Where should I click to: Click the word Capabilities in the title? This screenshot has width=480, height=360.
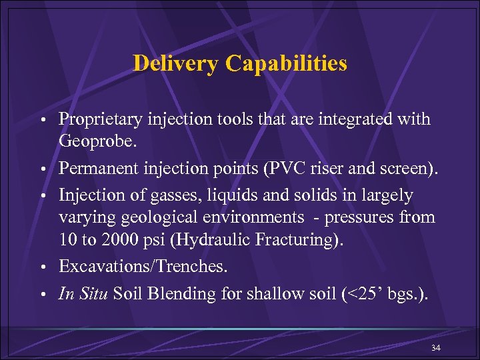(x=286, y=63)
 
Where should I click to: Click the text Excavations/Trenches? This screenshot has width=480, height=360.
(x=143, y=267)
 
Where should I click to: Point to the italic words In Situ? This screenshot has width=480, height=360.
(x=83, y=294)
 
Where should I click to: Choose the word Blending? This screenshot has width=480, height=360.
(x=171, y=294)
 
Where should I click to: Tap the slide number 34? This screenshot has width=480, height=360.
(x=436, y=349)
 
